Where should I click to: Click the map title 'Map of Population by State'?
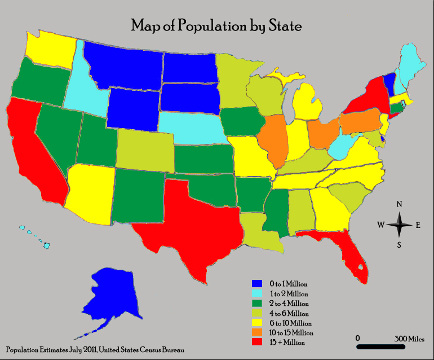point(216,26)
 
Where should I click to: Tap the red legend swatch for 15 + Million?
point(257,342)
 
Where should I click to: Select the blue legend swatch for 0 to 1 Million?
point(257,283)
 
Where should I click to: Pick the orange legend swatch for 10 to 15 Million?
point(257,332)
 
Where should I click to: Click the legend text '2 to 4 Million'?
point(289,303)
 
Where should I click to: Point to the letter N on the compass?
point(399,204)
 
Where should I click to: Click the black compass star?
point(399,225)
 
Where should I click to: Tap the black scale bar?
point(382,346)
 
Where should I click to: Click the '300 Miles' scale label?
point(409,338)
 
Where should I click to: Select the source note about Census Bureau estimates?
point(95,350)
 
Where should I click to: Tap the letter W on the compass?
point(380,225)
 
